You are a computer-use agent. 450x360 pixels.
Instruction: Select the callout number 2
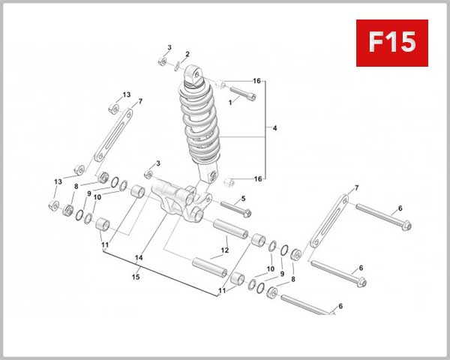pos(187,54)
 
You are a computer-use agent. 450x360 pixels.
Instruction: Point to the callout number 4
pos(275,129)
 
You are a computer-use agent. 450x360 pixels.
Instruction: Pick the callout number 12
pos(224,250)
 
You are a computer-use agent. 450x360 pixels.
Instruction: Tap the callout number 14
pos(138,257)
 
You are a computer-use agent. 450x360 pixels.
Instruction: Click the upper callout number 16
pos(256,81)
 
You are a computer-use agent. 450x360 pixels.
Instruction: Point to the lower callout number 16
pos(257,179)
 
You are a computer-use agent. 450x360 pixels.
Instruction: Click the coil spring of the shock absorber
pos(200,124)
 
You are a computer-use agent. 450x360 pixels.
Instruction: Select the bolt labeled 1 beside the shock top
pos(240,95)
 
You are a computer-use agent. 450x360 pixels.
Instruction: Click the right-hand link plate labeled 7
pos(327,222)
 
